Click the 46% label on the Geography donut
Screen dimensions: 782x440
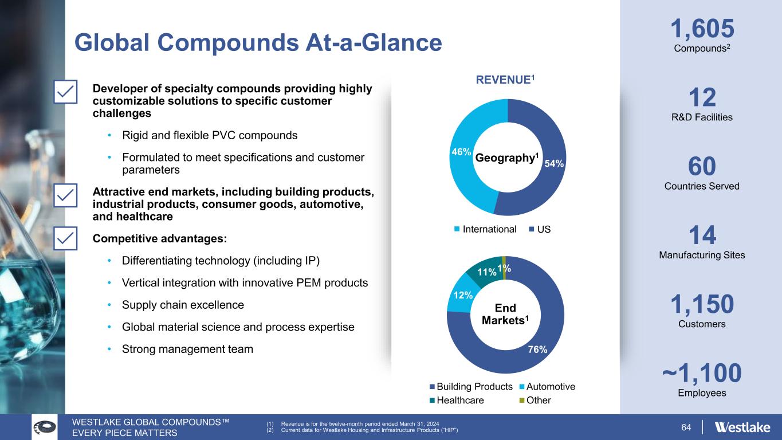(x=461, y=152)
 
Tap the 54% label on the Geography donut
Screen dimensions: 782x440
(x=554, y=163)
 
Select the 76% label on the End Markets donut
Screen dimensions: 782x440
(x=537, y=349)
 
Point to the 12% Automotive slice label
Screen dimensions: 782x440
(x=463, y=296)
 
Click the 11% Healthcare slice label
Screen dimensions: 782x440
(x=486, y=272)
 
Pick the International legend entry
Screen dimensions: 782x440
(x=485, y=229)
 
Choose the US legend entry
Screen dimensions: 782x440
(x=540, y=229)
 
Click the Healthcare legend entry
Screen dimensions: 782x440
(x=457, y=400)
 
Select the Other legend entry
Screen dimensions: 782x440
(x=535, y=400)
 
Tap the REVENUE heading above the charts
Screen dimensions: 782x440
(x=505, y=80)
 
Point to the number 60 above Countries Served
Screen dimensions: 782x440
(x=702, y=166)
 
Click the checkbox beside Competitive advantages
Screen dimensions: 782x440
(x=65, y=238)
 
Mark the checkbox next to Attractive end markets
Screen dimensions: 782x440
(x=65, y=195)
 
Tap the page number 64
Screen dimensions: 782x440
(x=686, y=427)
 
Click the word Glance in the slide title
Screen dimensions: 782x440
(x=402, y=42)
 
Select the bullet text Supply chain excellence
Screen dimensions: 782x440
(x=183, y=305)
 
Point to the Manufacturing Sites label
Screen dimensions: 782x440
(x=702, y=256)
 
